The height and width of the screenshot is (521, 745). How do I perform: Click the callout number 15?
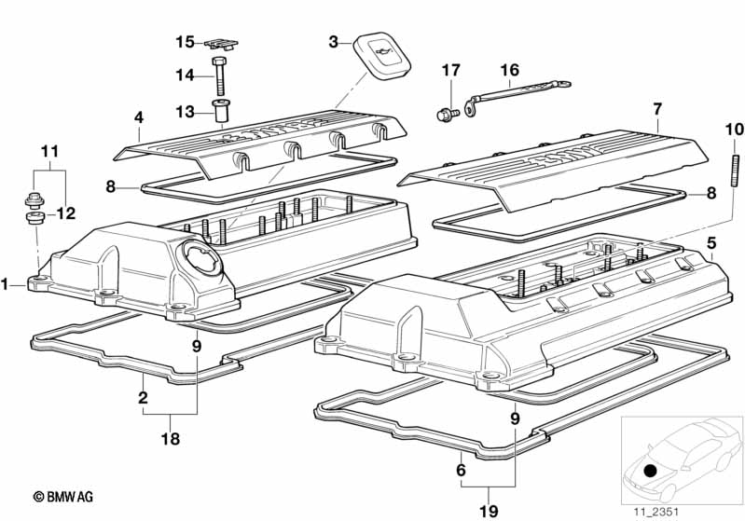click(x=185, y=42)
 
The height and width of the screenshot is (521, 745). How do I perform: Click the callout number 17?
click(x=450, y=70)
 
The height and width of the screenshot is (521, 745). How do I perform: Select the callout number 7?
click(x=656, y=109)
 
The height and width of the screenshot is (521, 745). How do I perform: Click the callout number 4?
click(x=138, y=118)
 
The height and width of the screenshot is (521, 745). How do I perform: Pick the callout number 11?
click(x=48, y=150)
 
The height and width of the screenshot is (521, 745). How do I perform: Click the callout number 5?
click(x=711, y=243)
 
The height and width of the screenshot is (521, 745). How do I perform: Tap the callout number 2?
click(x=143, y=397)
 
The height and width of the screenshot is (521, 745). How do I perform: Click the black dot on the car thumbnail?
click(x=650, y=470)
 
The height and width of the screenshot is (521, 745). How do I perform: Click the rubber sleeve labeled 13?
click(x=222, y=111)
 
